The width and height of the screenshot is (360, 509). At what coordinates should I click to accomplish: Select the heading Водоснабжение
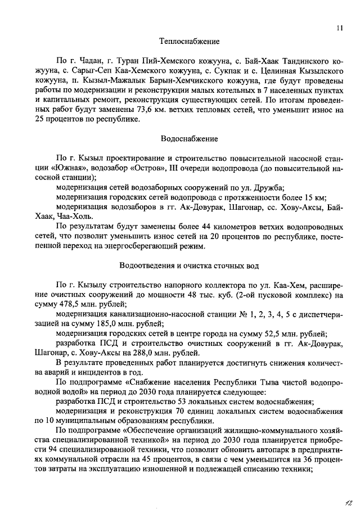point(189,138)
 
